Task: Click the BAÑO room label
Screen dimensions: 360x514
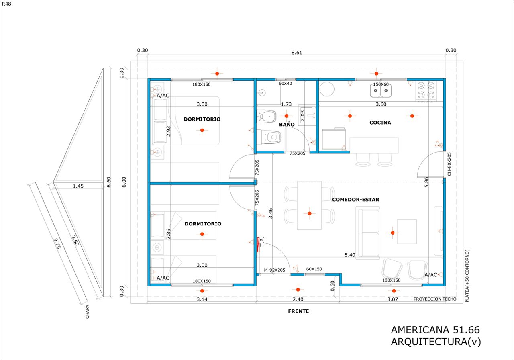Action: pos(287,125)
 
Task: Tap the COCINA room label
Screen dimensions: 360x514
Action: pos(380,123)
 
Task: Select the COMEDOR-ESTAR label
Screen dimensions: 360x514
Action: pos(355,200)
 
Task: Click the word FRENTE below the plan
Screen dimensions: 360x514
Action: pos(298,311)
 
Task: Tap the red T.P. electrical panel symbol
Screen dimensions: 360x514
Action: pos(259,245)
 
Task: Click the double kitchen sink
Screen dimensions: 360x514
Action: pos(380,92)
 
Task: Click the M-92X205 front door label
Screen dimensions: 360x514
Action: pos(274,270)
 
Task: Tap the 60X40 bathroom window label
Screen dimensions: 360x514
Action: pos(286,84)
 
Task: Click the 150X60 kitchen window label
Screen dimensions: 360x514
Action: pos(381,84)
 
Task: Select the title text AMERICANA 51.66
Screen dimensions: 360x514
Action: pos(435,330)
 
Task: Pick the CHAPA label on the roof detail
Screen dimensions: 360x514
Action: pos(88,312)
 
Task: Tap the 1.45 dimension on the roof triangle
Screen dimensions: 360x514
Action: pos(79,186)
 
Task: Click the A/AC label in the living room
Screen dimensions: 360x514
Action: pos(431,275)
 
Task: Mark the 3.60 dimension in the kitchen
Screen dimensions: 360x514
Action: pos(380,104)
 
